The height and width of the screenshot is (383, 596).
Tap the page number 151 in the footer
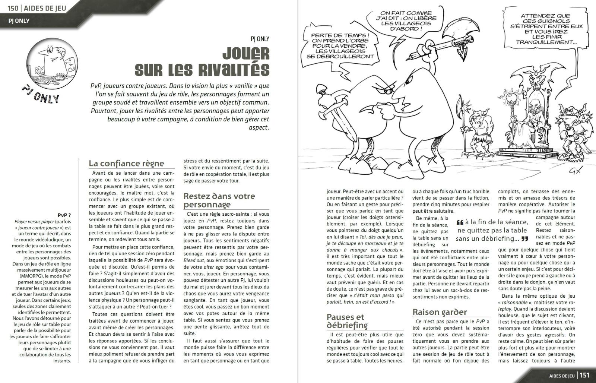(x=584, y=375)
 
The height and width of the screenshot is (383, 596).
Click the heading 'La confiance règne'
(x=126, y=163)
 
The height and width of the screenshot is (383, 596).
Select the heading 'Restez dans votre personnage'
(x=219, y=200)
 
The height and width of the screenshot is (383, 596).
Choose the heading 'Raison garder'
(x=440, y=312)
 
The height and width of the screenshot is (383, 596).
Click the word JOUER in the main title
(x=246, y=54)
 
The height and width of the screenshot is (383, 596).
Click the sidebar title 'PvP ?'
(x=64, y=215)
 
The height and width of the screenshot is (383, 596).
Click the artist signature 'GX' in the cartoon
(x=573, y=171)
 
